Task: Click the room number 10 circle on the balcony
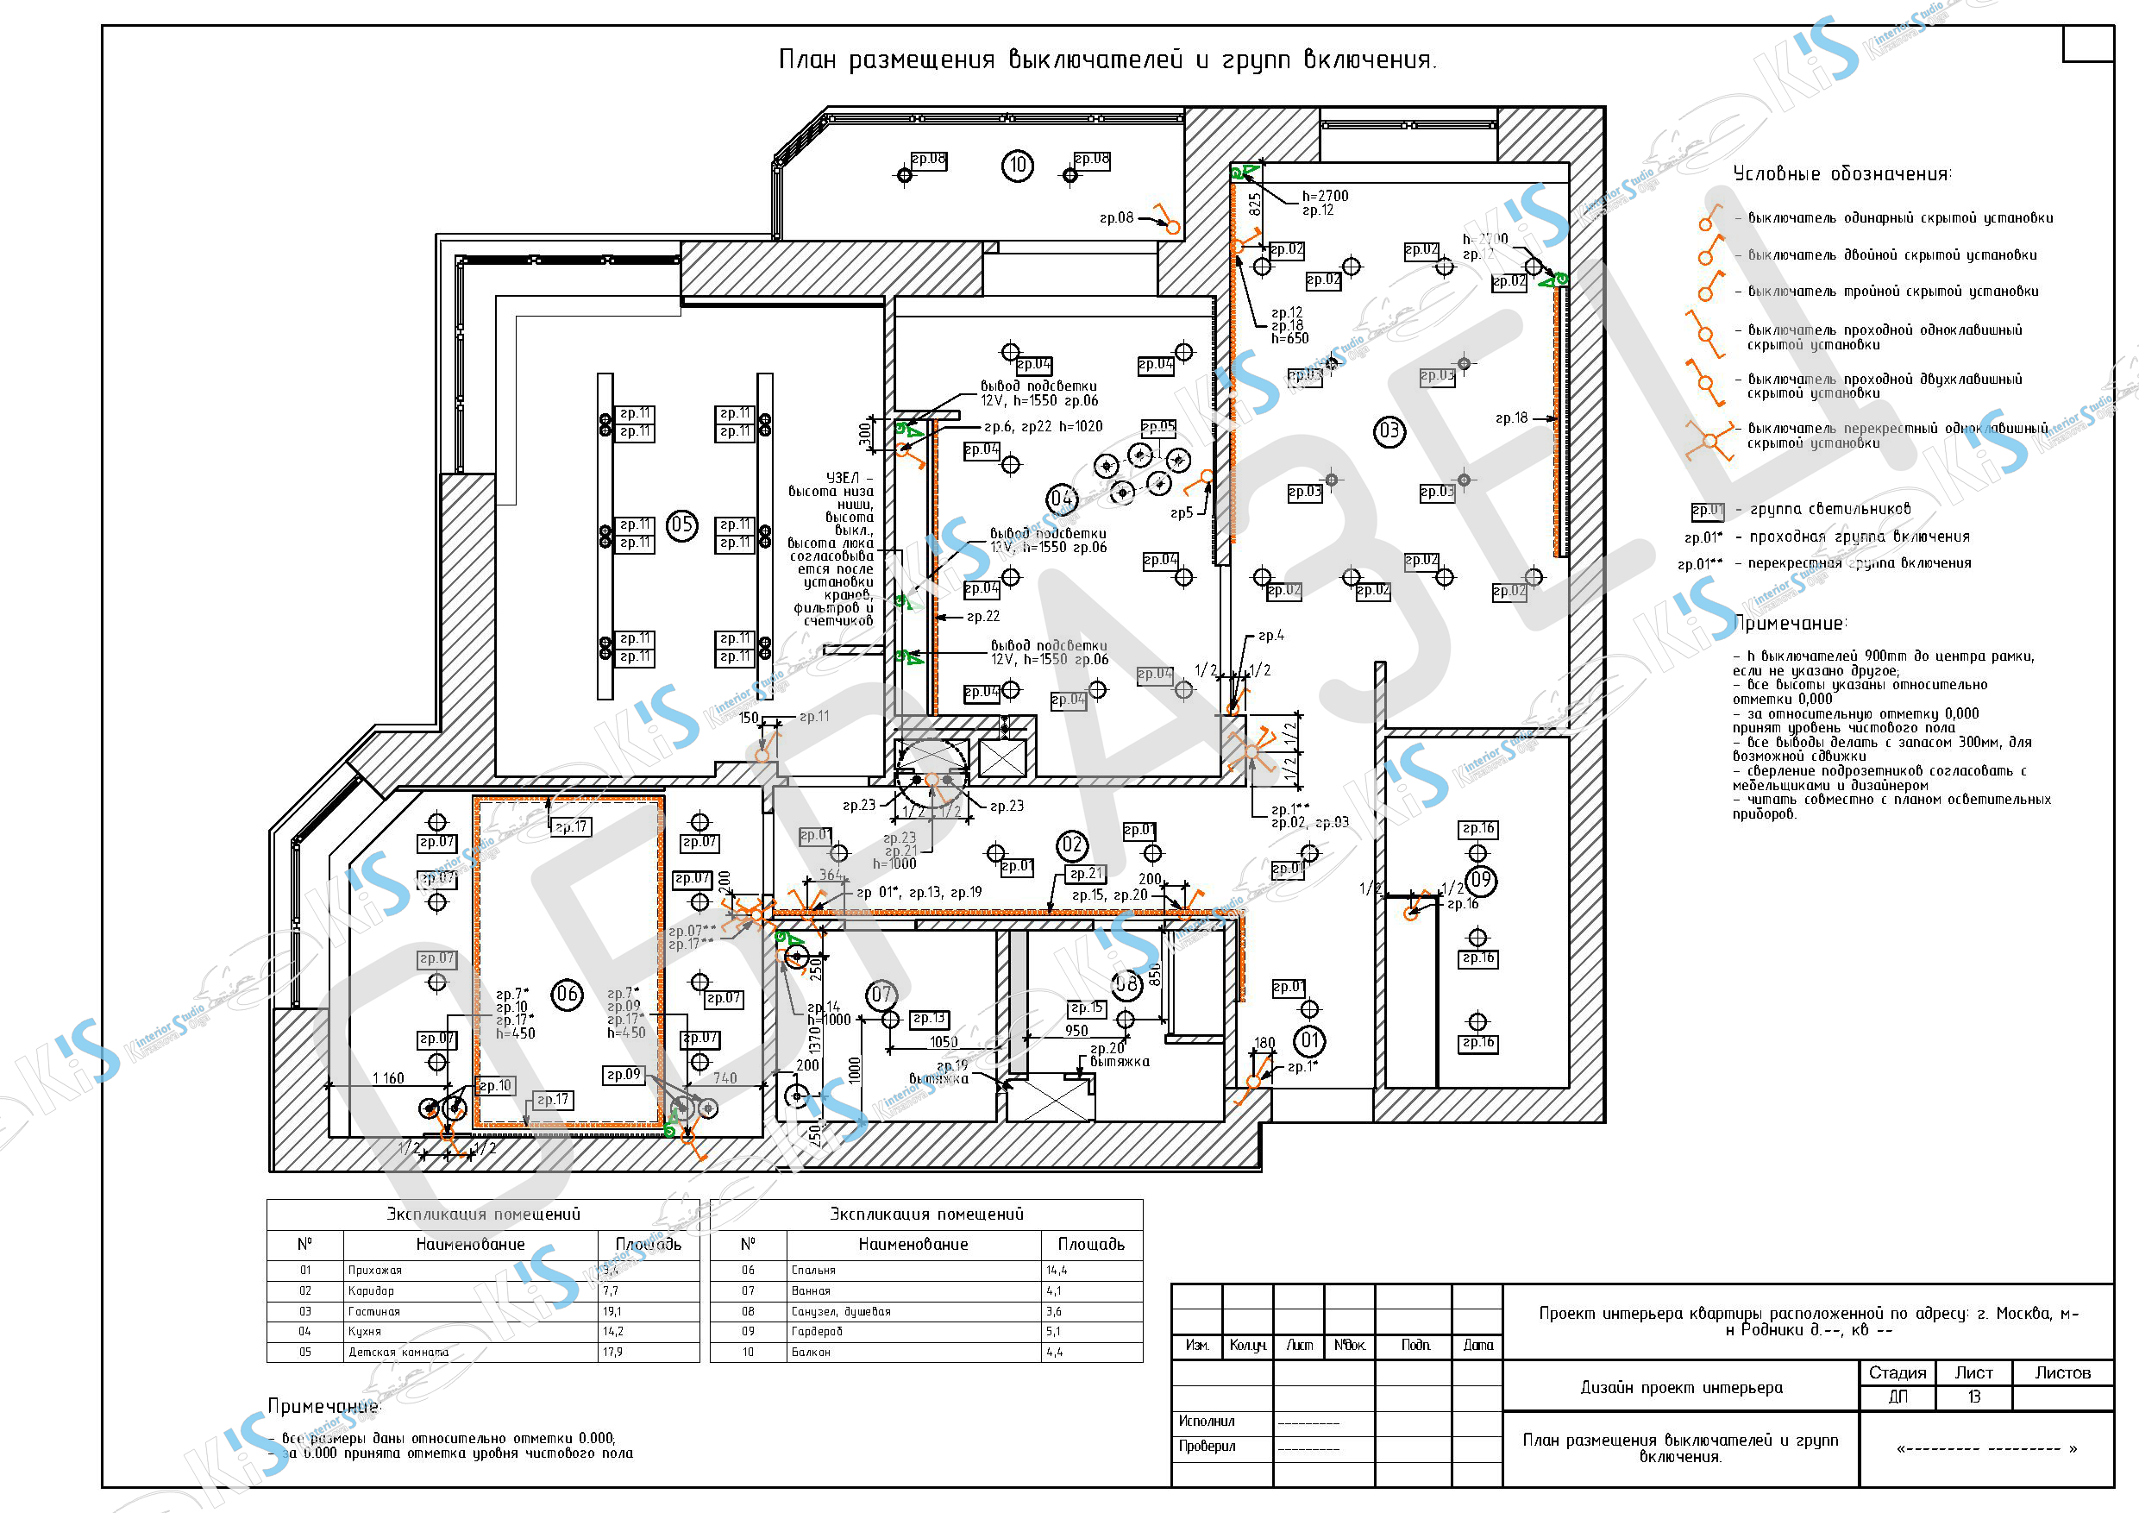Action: (x=1018, y=166)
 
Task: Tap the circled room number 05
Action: (x=682, y=524)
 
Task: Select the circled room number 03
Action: (x=1389, y=431)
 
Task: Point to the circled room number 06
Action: (x=568, y=994)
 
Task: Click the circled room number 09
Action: (x=1480, y=880)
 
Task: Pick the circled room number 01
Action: (x=1310, y=1040)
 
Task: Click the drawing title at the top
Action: (x=1107, y=60)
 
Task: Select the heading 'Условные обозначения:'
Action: (x=1841, y=174)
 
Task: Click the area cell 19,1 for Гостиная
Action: (x=612, y=1312)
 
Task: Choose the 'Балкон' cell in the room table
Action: (x=811, y=1353)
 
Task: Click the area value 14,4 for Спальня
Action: (x=1057, y=1271)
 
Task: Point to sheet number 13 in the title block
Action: (x=1973, y=1397)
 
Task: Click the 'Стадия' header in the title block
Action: (x=1897, y=1373)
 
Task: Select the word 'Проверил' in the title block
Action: (x=1207, y=1446)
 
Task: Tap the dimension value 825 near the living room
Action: (x=1255, y=203)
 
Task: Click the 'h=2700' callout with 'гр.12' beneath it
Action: (x=1325, y=197)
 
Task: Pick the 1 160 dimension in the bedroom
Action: (x=388, y=1079)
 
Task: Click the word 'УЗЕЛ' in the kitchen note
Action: (x=844, y=479)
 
